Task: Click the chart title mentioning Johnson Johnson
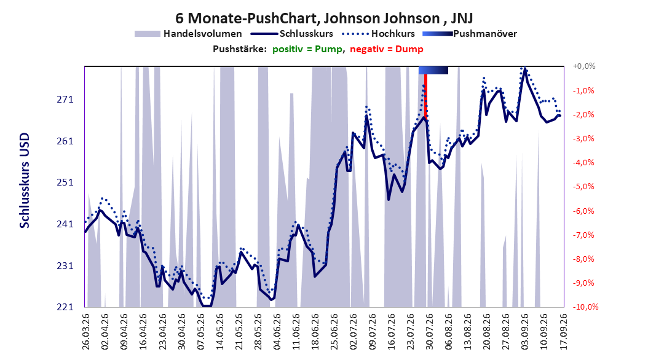pos(324,18)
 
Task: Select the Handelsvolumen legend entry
pos(189,34)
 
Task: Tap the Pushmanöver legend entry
pos(470,34)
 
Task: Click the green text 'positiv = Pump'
pos(307,49)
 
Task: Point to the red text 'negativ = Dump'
pos(387,49)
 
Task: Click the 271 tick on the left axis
pos(65,100)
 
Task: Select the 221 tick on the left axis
pos(65,307)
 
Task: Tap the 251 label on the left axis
pos(65,182)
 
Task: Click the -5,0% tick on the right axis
pos(583,187)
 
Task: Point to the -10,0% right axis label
pos(585,307)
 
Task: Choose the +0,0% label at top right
pos(584,66)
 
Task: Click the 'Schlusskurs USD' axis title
pos(25,181)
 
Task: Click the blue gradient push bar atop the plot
pos(433,70)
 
